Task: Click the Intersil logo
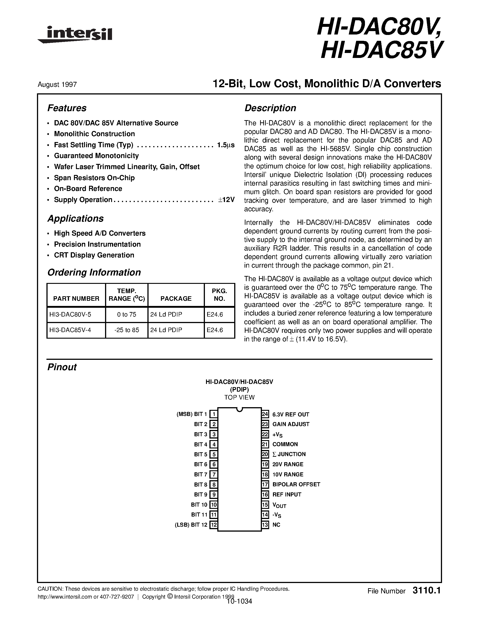click(x=75, y=35)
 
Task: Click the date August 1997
click(x=57, y=85)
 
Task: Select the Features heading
click(x=67, y=108)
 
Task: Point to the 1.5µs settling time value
click(x=226, y=145)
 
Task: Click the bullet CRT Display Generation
click(x=94, y=255)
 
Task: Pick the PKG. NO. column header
click(x=219, y=295)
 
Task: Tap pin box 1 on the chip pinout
click(x=214, y=414)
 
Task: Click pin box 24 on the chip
click(x=265, y=414)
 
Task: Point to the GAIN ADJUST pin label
click(x=291, y=424)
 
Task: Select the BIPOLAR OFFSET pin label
click(x=296, y=484)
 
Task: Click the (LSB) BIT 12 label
click(x=191, y=525)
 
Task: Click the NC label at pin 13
click(x=276, y=525)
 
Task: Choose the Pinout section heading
click(x=62, y=367)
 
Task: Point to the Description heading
click(x=270, y=108)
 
